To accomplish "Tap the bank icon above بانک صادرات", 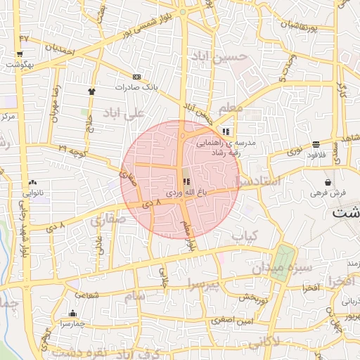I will click(136, 77).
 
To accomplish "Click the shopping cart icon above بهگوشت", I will click(20, 53).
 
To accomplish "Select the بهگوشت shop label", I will click(20, 65).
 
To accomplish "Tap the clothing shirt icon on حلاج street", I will click(91, 91).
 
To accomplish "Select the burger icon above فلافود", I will click(316, 145).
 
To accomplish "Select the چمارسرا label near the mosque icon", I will click(72, 325).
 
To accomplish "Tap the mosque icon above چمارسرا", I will click(72, 314).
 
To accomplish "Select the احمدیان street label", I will click(60, 51).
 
